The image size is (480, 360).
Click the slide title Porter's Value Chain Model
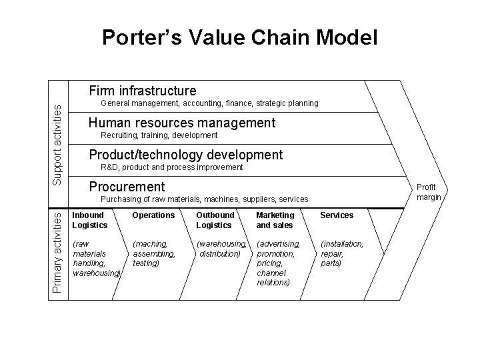(x=240, y=37)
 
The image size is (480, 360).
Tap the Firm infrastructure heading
(x=143, y=90)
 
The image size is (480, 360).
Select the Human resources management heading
(x=181, y=123)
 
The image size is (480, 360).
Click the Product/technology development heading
(x=185, y=155)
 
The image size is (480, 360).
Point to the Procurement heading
(x=127, y=187)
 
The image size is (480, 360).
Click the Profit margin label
(x=428, y=192)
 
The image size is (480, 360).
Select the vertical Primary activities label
(x=58, y=251)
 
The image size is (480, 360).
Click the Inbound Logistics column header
(x=88, y=220)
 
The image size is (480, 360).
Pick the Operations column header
(x=153, y=215)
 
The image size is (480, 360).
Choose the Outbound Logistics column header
(x=215, y=220)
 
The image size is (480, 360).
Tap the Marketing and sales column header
(x=275, y=220)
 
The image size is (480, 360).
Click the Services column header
(x=337, y=215)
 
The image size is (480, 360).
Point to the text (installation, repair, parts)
(x=341, y=253)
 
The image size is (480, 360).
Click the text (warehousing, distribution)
(x=221, y=249)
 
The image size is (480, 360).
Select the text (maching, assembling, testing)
(x=154, y=253)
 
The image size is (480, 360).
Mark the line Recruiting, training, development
(x=159, y=135)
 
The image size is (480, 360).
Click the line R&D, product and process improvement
(x=171, y=167)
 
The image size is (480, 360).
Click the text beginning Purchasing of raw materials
(x=204, y=199)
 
